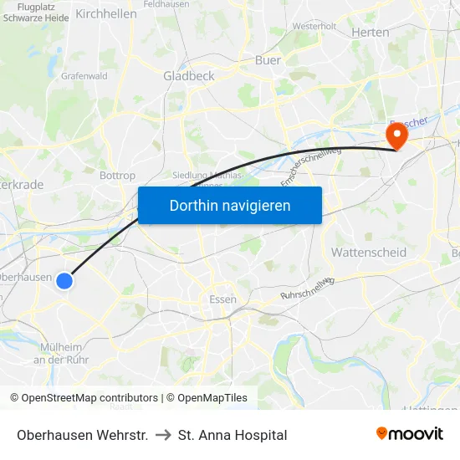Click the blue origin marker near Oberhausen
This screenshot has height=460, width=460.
pos(64,282)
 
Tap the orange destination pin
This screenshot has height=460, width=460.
pos(395,135)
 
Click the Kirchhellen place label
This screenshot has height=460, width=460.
pos(106,13)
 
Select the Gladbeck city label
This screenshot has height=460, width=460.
pos(189,75)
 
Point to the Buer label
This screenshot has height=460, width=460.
pos(268,60)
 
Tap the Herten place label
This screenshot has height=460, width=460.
pos(371,32)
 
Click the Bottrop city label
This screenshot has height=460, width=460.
pos(117,176)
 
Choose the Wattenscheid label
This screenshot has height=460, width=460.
pos(369,252)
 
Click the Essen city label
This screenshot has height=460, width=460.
pos(222,299)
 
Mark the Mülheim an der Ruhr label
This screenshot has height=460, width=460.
pos(62,353)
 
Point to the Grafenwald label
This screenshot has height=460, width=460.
pos(84,75)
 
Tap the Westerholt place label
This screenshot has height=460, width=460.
pos(314,26)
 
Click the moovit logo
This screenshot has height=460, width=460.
pos(409,434)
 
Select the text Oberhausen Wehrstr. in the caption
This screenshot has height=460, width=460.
pos(82,435)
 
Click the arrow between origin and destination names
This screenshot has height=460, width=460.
pos(163,435)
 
